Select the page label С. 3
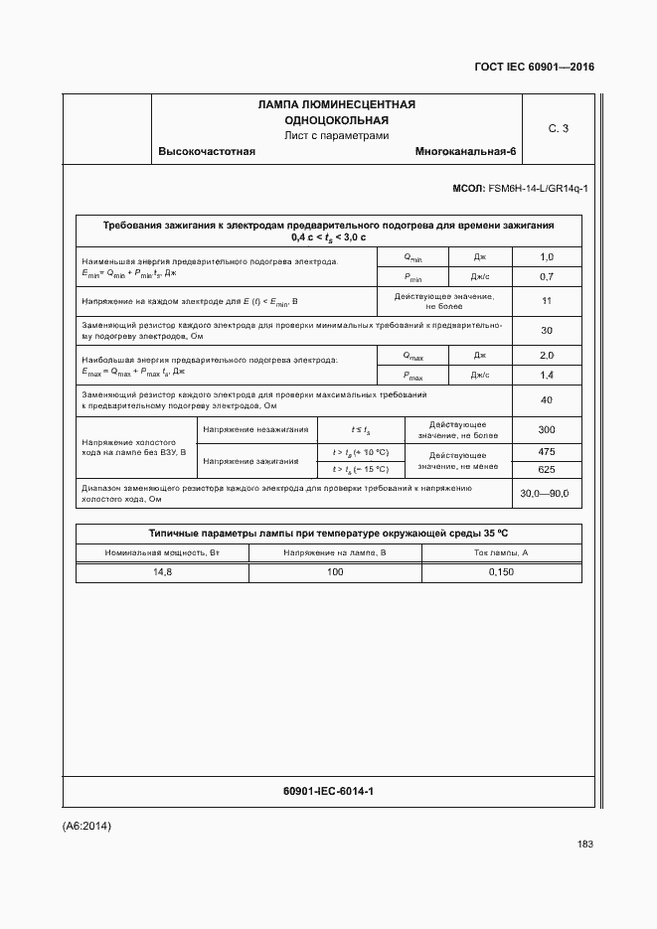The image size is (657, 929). point(558,128)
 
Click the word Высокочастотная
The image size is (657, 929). point(207,152)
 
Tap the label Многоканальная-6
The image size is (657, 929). point(466,152)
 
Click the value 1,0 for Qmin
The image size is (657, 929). point(546,257)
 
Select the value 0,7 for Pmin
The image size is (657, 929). point(546,276)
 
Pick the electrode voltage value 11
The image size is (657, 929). point(546,301)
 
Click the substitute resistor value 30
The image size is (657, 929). point(546,331)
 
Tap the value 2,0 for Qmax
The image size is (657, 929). point(546,356)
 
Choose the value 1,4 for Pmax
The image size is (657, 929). point(546,375)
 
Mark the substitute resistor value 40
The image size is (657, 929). point(546,400)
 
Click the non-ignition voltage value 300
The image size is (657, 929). point(546,429)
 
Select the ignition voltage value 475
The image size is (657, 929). point(546,452)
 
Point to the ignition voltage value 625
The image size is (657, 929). point(546,469)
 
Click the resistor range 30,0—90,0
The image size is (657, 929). point(546,494)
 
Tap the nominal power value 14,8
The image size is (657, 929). point(162,572)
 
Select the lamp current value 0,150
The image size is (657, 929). point(501,572)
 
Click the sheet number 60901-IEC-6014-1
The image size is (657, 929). point(328,791)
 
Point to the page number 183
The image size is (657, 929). point(584,845)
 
